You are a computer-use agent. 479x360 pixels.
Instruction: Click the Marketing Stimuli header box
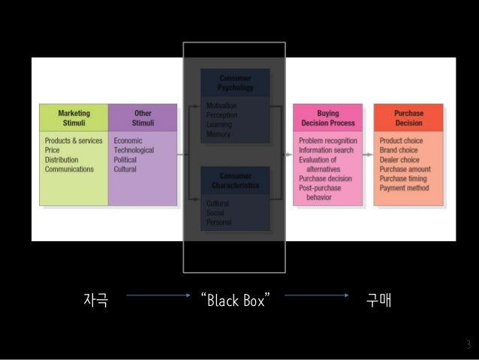click(x=74, y=118)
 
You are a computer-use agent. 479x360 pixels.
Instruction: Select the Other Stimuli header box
click(x=143, y=118)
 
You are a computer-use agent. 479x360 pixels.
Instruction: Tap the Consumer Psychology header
click(x=235, y=83)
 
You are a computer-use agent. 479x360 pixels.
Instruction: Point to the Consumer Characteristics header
click(x=235, y=180)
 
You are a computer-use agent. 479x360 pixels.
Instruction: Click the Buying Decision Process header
click(x=327, y=118)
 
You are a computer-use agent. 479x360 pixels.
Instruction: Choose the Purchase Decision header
click(x=408, y=118)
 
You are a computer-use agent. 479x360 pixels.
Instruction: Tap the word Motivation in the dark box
click(x=222, y=107)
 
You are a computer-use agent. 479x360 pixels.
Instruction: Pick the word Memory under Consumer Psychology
click(x=218, y=135)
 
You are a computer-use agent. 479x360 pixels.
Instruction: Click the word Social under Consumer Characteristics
click(x=216, y=213)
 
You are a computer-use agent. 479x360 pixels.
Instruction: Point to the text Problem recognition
click(x=328, y=141)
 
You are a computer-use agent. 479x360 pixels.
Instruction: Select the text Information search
click(x=327, y=150)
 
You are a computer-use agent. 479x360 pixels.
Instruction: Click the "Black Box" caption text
click(x=233, y=301)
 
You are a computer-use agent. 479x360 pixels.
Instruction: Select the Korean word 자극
click(x=95, y=301)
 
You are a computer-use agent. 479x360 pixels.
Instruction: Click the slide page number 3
click(x=468, y=345)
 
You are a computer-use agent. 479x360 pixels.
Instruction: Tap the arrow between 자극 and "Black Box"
click(x=158, y=296)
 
